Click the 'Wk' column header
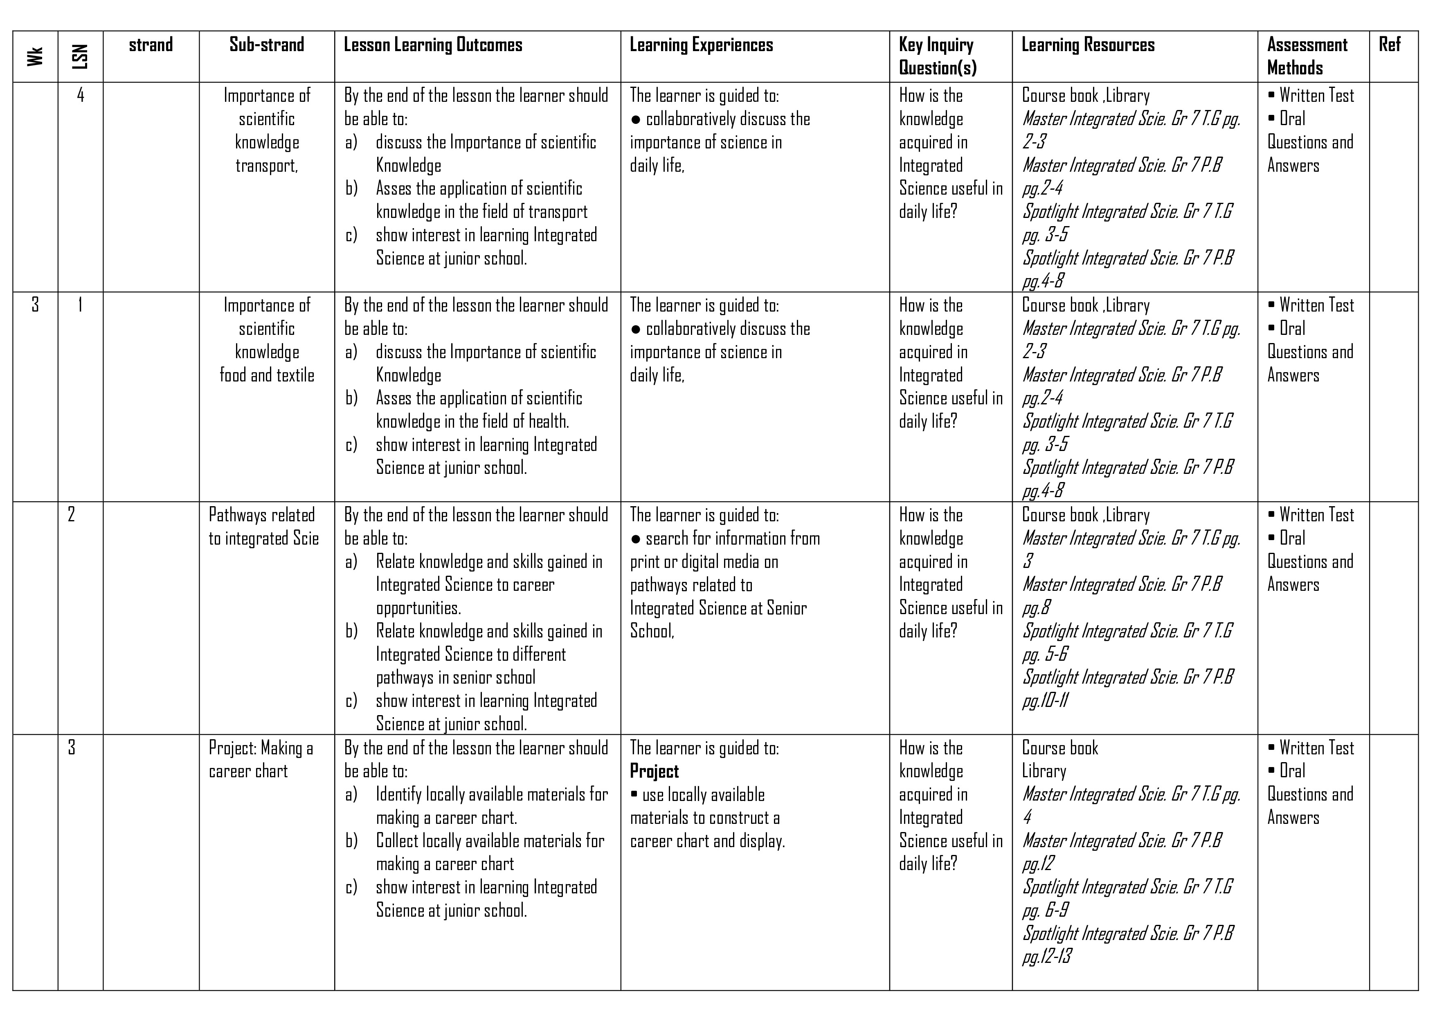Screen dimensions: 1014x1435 tap(35, 57)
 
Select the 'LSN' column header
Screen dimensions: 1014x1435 tap(80, 57)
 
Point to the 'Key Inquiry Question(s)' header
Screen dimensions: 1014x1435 tap(938, 56)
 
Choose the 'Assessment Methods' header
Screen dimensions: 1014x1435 tap(1307, 56)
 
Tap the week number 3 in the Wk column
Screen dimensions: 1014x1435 tap(35, 305)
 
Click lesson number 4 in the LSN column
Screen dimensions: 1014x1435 tap(80, 95)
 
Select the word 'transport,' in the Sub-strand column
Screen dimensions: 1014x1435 tap(267, 166)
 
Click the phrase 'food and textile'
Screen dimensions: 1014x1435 tap(267, 375)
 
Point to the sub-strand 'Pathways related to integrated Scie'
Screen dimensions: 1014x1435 tap(264, 527)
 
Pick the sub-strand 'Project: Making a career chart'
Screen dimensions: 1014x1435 tap(261, 759)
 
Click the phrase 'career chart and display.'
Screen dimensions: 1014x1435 tap(708, 841)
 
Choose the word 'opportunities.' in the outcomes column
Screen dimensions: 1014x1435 tap(418, 608)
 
